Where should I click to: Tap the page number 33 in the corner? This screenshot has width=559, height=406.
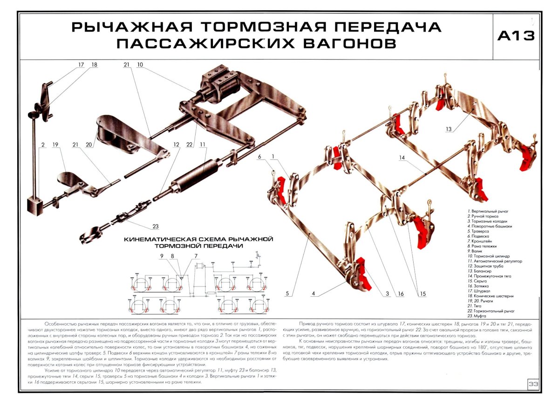[x=533, y=384]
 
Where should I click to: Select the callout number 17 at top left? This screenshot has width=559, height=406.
[x=82, y=65]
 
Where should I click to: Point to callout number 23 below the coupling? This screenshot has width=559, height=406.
[x=156, y=226]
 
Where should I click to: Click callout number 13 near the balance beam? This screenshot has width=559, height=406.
[x=449, y=129]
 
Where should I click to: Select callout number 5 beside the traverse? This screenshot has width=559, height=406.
[x=288, y=293]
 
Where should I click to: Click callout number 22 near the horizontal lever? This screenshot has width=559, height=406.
[x=189, y=145]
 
